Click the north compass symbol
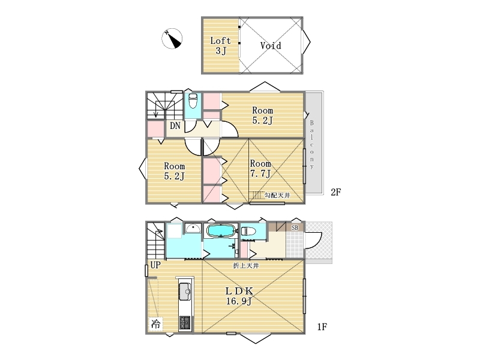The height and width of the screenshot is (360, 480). point(172,38)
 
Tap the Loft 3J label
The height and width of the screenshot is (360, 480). point(220,46)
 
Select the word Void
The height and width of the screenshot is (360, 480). point(271,46)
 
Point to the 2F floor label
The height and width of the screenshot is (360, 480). point(336,192)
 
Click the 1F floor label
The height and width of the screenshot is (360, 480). point(322,327)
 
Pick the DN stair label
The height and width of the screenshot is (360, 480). point(175,125)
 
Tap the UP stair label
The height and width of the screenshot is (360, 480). point(155,265)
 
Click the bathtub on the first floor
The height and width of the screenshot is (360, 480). point(221,231)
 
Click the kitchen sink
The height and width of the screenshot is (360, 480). point(185,292)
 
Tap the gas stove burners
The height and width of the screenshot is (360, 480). point(185,323)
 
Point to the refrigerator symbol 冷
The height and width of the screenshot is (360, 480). point(156,324)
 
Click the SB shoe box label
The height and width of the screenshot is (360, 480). point(295,227)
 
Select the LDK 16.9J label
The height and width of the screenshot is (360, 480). point(239,296)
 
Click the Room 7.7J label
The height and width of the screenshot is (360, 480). point(260,169)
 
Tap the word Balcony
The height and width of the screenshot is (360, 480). point(312,145)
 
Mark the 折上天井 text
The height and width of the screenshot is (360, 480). point(246,266)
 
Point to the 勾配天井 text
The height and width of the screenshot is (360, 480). point(277,196)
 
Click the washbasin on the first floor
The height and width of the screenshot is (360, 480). point(193,228)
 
